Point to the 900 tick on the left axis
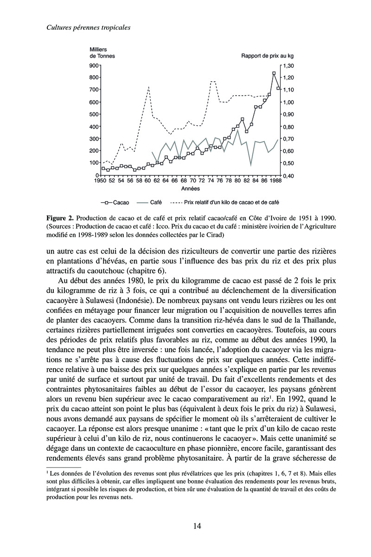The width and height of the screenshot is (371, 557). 95,66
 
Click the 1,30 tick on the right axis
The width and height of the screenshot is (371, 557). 288,66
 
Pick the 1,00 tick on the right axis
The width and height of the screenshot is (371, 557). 288,102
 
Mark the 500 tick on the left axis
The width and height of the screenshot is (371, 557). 95,114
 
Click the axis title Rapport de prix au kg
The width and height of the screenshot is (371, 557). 267,56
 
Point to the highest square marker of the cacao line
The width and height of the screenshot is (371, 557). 274,73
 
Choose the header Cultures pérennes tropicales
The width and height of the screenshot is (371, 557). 88,28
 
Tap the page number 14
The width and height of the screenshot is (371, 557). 197,526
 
